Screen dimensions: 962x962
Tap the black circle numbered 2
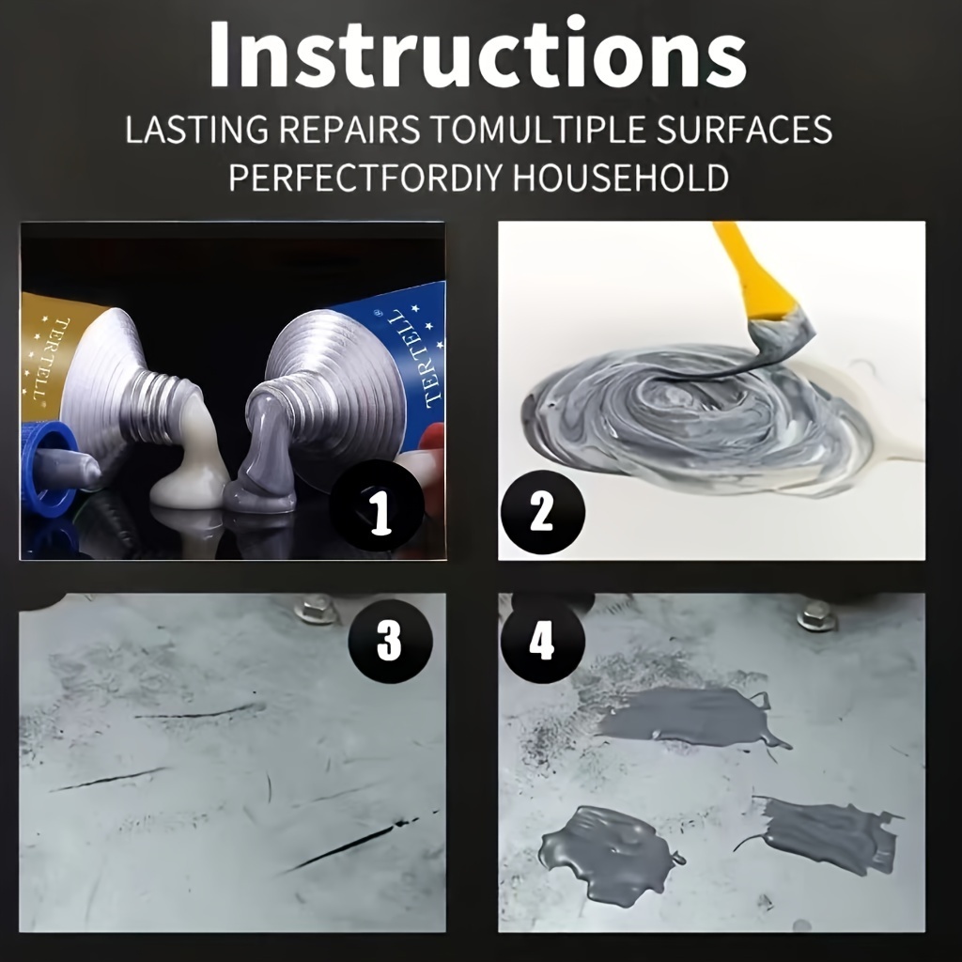(x=542, y=513)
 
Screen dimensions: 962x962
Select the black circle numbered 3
(x=390, y=641)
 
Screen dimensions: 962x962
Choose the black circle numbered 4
(x=542, y=643)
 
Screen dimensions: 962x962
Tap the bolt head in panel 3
(x=317, y=610)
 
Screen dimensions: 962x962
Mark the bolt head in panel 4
(x=816, y=615)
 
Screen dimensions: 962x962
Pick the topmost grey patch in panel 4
(x=686, y=716)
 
